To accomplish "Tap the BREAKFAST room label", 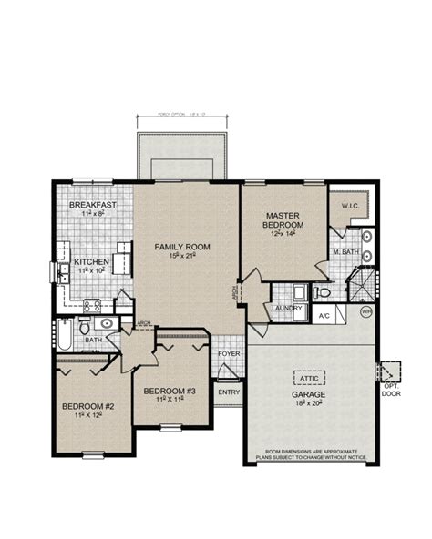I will coord(92,206).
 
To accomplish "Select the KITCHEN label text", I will coord(91,262).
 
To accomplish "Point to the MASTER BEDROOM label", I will coord(283,219).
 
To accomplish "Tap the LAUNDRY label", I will coord(286,310).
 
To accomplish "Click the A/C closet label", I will coord(323,316).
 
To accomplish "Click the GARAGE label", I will coord(308,394).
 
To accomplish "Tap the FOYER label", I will coord(228,355).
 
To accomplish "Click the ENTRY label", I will coord(227,392).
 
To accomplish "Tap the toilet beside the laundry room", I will coord(321,293).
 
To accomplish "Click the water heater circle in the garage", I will coord(366,311).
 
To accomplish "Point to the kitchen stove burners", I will coord(92,306).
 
